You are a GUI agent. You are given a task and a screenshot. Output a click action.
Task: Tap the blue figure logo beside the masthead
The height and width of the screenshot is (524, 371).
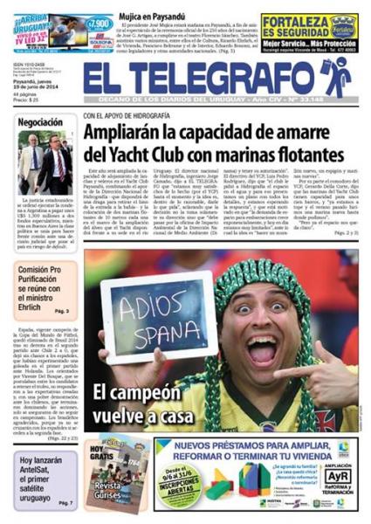point(335,77)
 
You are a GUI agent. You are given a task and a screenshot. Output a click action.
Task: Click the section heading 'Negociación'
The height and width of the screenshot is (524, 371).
point(41,122)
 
